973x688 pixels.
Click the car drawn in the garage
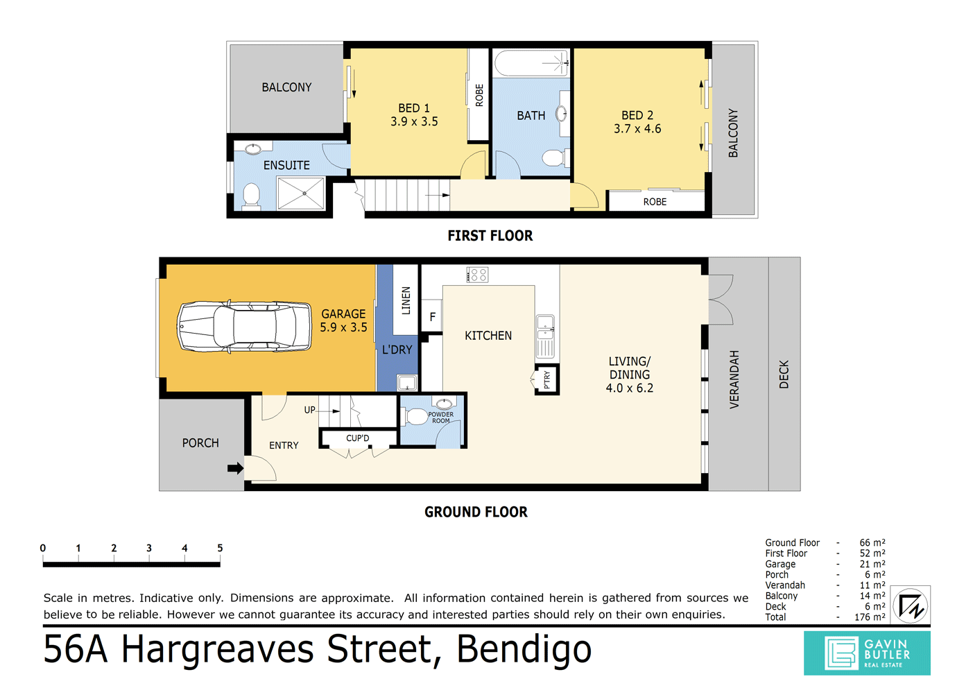tap(244, 326)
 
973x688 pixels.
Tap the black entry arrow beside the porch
tap(235, 468)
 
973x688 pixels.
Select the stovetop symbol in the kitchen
tap(477, 275)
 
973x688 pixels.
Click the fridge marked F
tap(432, 317)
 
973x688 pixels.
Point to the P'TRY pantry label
tap(547, 379)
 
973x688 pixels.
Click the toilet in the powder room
tap(415, 417)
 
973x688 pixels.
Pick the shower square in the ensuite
tap(301, 193)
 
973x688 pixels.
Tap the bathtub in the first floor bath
tap(532, 63)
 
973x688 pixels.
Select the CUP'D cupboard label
tap(357, 438)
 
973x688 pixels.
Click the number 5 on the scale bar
tap(220, 548)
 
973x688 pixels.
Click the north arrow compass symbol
tap(911, 605)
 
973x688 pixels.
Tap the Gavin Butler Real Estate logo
tap(867, 653)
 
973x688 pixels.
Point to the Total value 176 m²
tap(870, 617)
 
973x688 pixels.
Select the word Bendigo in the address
tap(524, 650)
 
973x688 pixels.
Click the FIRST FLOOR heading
tap(490, 236)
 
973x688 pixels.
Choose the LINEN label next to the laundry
tap(406, 300)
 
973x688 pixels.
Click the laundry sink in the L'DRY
tap(407, 383)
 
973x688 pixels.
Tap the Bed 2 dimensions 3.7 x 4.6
tap(637, 128)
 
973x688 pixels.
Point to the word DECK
tap(784, 374)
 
